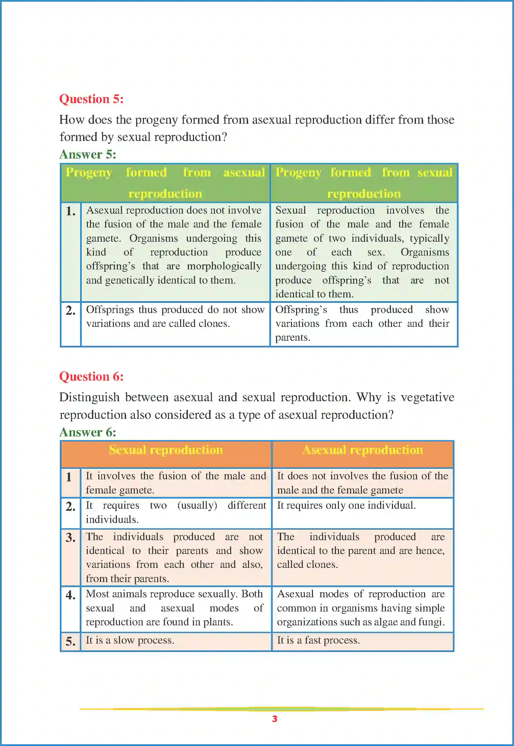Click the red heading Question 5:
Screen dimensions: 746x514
point(91,99)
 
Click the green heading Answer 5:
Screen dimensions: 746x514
point(88,154)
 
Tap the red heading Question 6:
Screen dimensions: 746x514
point(91,377)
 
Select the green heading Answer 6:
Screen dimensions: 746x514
point(88,432)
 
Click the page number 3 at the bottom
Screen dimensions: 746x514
point(274,719)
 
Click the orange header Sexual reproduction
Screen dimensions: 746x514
point(166,450)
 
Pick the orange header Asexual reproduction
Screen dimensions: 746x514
point(363,450)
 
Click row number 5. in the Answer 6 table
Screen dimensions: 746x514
point(70,641)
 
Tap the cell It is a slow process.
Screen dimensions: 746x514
point(130,640)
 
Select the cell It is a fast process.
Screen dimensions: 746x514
point(318,640)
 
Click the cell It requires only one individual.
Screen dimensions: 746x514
point(346,505)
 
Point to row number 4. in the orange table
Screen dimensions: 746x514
point(70,595)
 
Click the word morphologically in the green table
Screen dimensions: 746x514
point(224,266)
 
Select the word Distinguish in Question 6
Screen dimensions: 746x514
point(89,397)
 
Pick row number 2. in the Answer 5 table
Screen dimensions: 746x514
point(70,310)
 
